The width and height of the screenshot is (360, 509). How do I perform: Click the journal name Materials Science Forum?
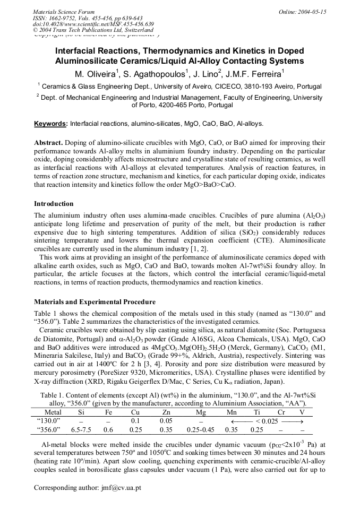[x=64, y=12]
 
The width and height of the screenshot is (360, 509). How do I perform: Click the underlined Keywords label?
[x=51, y=124]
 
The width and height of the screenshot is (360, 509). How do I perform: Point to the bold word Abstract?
[x=48, y=143]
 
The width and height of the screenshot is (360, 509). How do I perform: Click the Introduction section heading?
[x=54, y=204]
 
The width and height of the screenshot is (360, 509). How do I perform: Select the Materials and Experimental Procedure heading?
[x=95, y=302]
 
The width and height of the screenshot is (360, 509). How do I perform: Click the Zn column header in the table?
[x=166, y=412]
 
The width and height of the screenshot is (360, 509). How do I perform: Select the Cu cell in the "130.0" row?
[x=135, y=421]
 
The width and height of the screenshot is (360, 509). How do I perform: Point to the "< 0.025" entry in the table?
[x=261, y=421]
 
